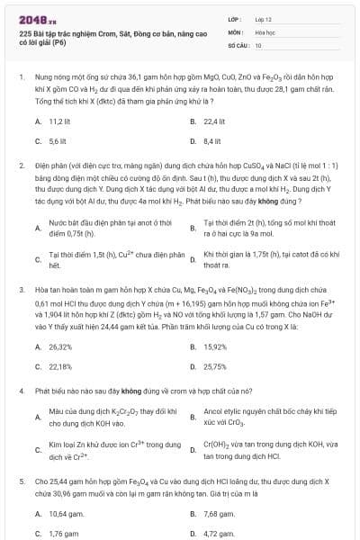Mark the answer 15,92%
(x=215, y=346)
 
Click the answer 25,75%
(x=215, y=367)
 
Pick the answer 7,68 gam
(x=219, y=513)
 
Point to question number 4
(x=21, y=393)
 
